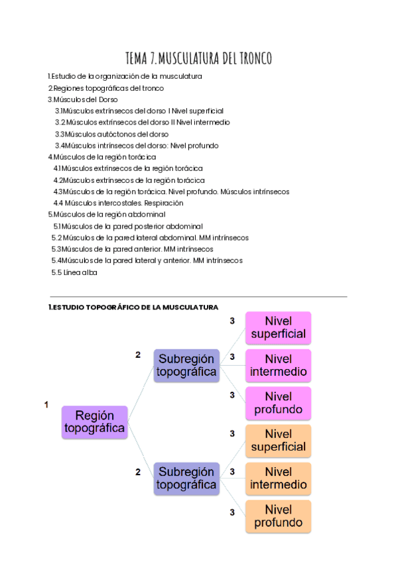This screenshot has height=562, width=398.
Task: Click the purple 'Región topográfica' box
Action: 94,422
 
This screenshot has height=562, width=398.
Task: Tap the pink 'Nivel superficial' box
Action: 278,327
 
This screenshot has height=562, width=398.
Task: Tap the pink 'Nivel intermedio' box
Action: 278,366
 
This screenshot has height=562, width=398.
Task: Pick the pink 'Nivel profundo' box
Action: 278,404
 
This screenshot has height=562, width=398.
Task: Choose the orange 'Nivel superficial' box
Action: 278,441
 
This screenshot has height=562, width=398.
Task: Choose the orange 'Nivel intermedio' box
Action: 278,478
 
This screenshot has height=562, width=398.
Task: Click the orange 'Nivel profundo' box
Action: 278,516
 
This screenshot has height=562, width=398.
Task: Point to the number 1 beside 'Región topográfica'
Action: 46,404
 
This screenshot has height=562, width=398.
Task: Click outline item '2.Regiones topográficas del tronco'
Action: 105,88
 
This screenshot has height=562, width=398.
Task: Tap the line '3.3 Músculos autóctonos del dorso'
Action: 111,134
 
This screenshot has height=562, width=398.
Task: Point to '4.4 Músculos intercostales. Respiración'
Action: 118,203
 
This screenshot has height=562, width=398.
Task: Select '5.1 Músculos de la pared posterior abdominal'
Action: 128,226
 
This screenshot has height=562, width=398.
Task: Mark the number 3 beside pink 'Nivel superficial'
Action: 232,321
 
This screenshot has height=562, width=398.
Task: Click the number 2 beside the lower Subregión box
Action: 138,472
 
